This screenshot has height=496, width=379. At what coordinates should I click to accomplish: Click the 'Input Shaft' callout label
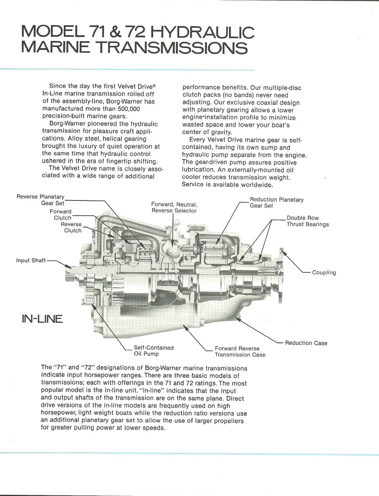click(31, 260)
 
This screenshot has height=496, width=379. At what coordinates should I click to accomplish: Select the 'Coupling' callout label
click(324, 272)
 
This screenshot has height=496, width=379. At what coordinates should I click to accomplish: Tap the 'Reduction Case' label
click(306, 343)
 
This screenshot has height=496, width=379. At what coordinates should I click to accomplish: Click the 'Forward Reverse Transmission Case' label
click(240, 351)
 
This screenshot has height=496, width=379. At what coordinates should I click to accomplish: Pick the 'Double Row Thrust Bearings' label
click(307, 221)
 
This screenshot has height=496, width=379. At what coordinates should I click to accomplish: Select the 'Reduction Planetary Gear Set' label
click(276, 203)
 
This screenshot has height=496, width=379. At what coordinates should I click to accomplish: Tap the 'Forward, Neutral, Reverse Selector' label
click(174, 207)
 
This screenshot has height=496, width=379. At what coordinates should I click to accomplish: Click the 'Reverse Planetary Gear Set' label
click(41, 200)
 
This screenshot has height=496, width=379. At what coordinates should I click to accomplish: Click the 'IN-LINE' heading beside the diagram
click(42, 319)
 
